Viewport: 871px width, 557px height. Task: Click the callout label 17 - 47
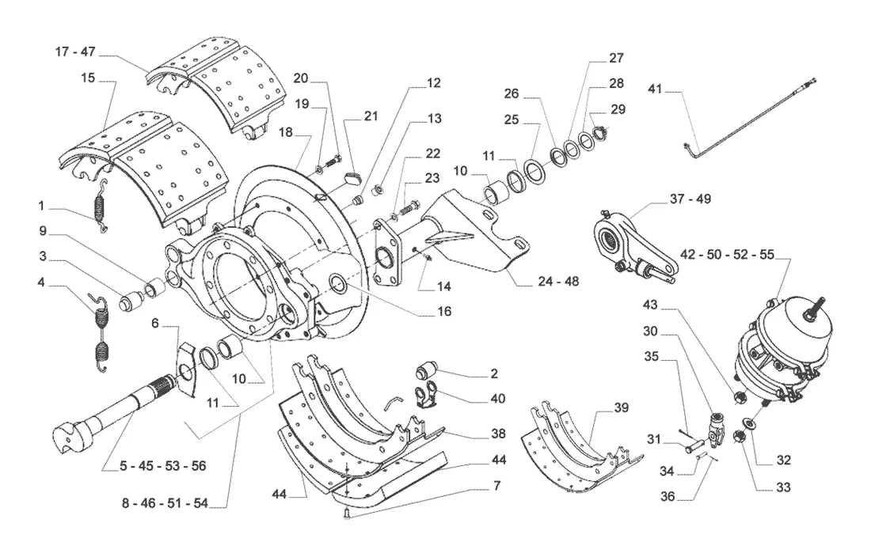coord(75,51)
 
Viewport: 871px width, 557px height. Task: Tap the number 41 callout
coord(655,89)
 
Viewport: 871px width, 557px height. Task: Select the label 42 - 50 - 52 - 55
coord(727,255)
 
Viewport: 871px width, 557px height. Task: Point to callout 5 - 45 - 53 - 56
coord(163,466)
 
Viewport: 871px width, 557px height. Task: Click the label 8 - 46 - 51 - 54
coord(165,503)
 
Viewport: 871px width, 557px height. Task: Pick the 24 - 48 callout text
coord(558,282)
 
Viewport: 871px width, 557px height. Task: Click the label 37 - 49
coord(690,199)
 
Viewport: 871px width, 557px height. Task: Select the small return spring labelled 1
coord(100,207)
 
